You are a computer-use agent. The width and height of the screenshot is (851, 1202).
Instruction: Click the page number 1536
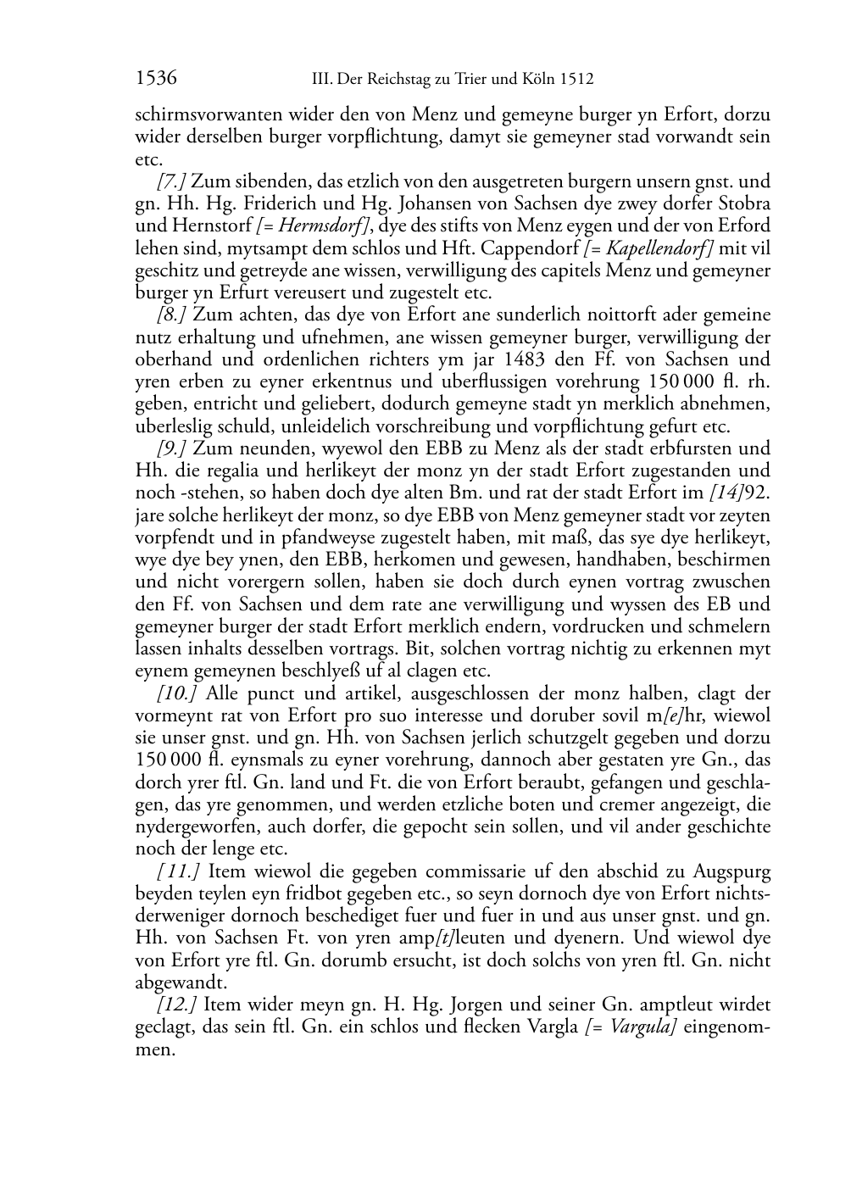tap(156, 79)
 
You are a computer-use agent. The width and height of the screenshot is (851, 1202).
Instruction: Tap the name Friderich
tap(282, 203)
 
